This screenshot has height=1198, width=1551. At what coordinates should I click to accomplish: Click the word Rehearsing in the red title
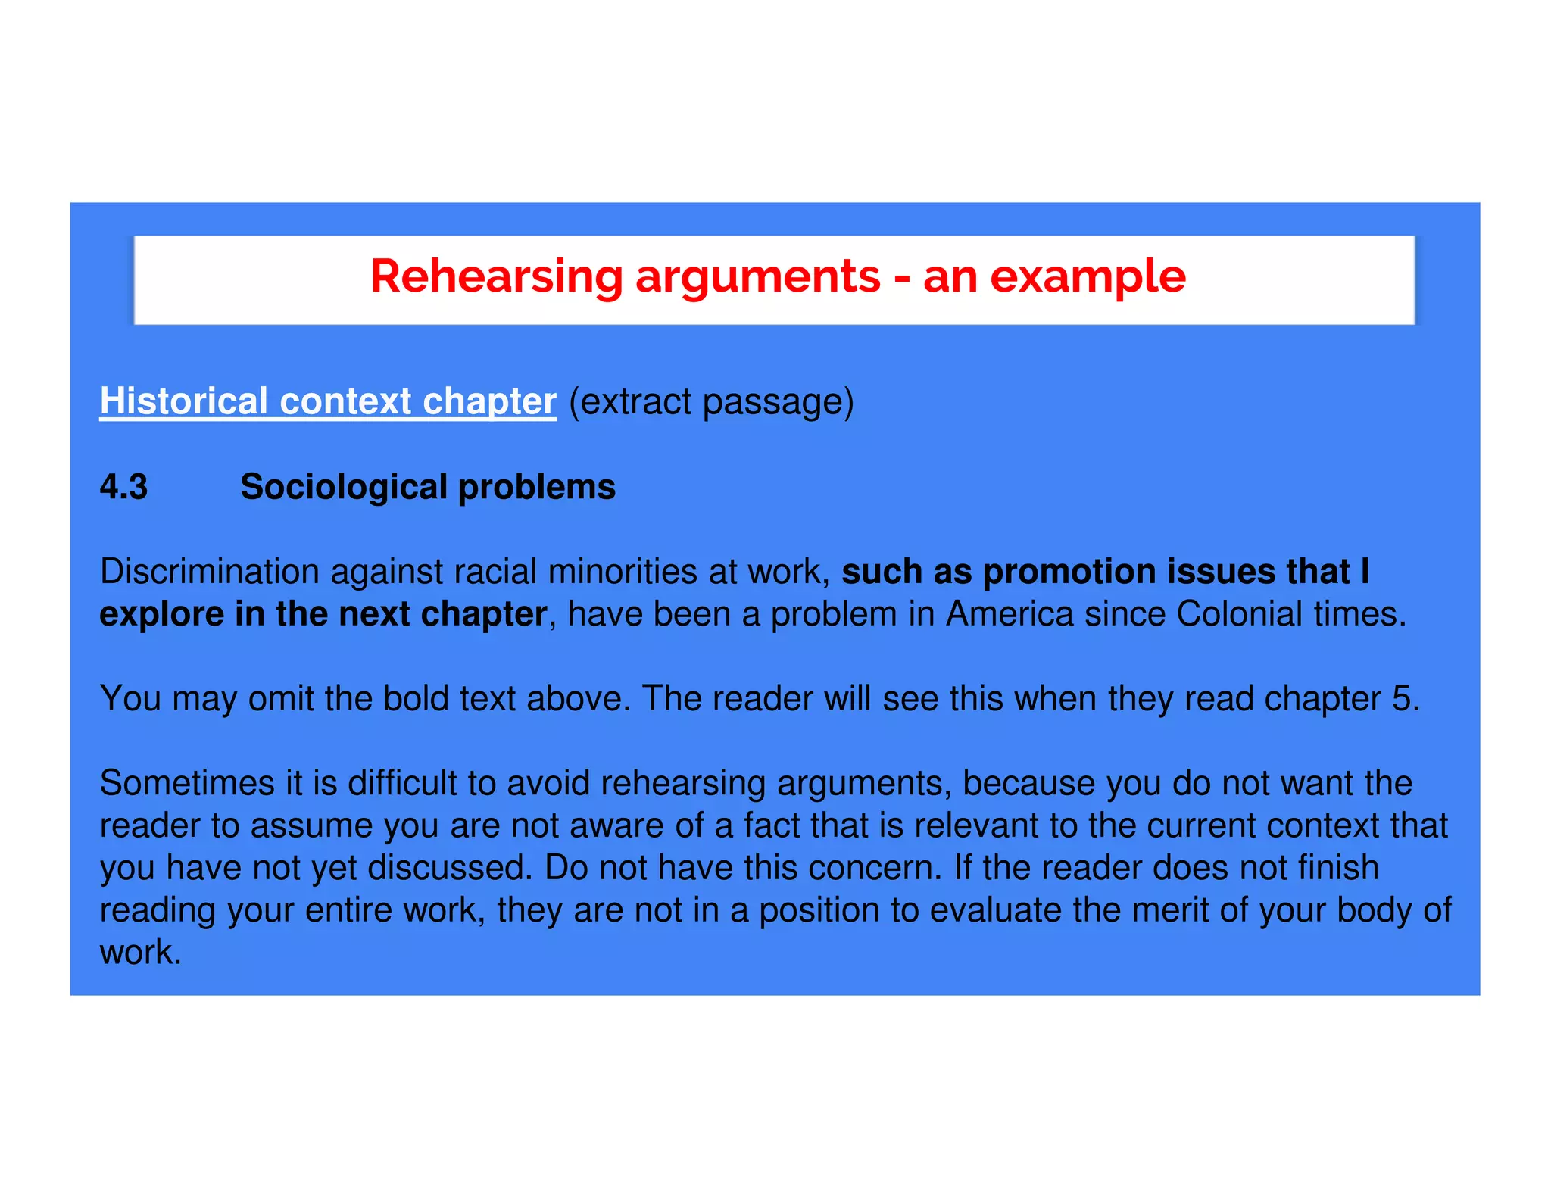click(496, 277)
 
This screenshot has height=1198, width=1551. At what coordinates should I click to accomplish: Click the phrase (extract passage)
click(711, 401)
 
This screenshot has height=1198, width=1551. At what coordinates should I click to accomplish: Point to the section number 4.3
click(123, 487)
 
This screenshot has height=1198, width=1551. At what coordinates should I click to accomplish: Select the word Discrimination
click(209, 572)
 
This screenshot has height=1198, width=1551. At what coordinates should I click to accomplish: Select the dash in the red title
click(901, 277)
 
